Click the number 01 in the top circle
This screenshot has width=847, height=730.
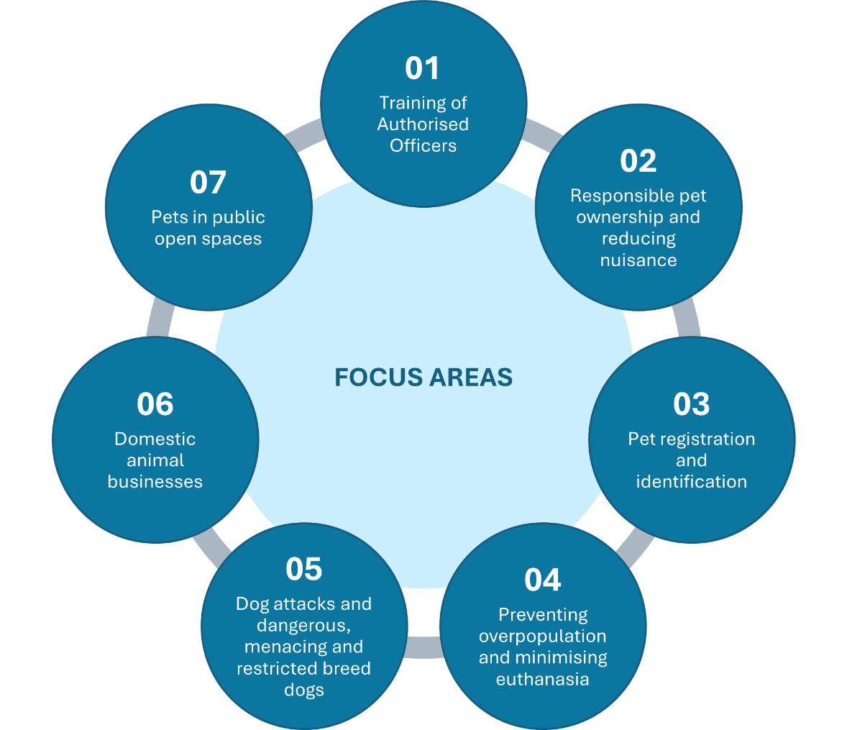pyautogui.click(x=422, y=68)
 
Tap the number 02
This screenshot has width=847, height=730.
pyautogui.click(x=638, y=161)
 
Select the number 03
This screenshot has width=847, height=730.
pyautogui.click(x=692, y=404)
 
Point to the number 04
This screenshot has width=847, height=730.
pyautogui.click(x=542, y=580)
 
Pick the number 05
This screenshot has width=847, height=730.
pyautogui.click(x=303, y=569)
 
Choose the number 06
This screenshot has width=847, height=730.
pyautogui.click(x=155, y=404)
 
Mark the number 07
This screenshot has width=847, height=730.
pyautogui.click(x=208, y=183)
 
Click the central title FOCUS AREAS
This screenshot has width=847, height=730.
pyautogui.click(x=423, y=378)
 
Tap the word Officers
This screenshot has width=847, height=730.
pyautogui.click(x=423, y=146)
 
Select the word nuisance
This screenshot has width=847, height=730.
pyautogui.click(x=638, y=260)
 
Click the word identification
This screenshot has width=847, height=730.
pyautogui.click(x=692, y=482)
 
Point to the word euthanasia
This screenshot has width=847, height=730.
pyautogui.click(x=542, y=680)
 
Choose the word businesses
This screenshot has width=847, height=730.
pyautogui.click(x=155, y=482)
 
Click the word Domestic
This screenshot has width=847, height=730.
pyautogui.click(x=155, y=439)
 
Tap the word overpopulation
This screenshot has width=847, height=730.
pyautogui.click(x=542, y=637)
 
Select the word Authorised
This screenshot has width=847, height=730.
pyautogui.click(x=423, y=124)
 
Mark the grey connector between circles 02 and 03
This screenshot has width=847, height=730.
pyautogui.click(x=689, y=321)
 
